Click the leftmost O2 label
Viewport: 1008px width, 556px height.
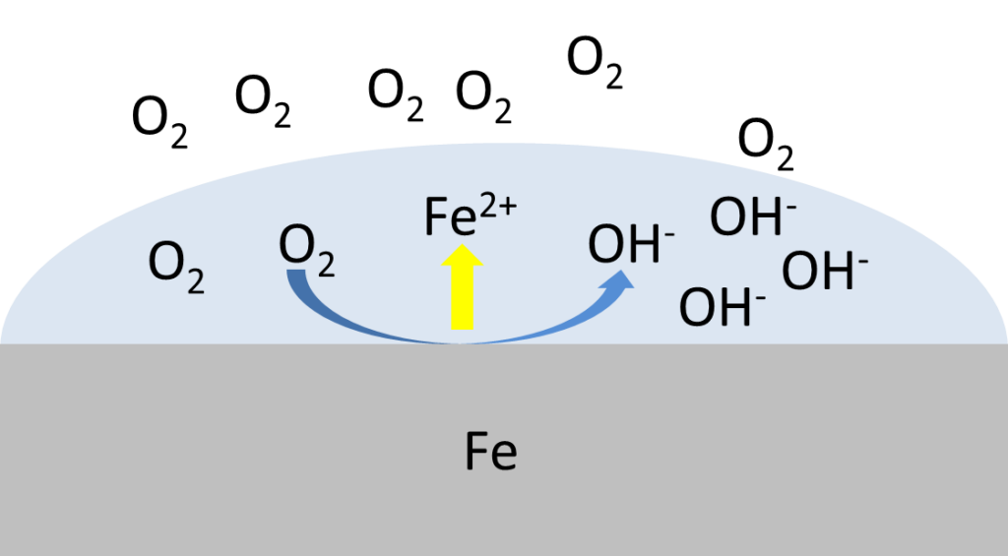pos(176,267)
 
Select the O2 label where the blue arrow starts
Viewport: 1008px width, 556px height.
pos(307,250)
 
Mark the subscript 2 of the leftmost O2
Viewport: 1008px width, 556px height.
pos(195,281)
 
